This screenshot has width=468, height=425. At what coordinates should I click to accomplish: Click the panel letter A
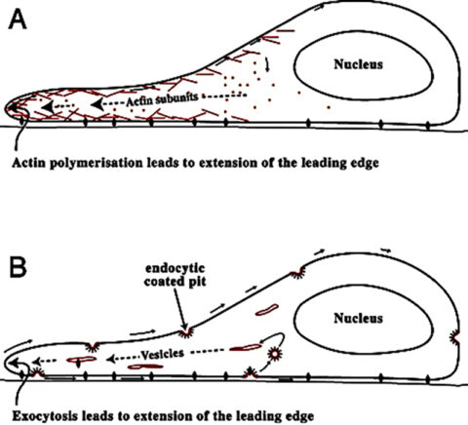18,19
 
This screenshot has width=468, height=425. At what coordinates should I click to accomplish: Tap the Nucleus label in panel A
358,64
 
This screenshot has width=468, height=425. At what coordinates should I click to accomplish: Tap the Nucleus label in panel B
358,318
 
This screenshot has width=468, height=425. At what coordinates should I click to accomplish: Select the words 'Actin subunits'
162,99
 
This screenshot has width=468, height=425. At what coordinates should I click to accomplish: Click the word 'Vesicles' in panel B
162,354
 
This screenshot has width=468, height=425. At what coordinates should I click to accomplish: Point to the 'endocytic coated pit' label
175,275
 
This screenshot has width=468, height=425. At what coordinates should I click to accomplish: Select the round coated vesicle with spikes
275,354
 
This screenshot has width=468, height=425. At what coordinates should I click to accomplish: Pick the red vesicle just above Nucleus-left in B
267,310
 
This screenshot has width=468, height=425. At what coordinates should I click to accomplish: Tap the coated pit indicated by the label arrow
186,333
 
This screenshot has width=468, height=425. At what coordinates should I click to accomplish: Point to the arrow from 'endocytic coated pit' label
180,309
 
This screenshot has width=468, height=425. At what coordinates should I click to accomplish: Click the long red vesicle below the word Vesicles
145,367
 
